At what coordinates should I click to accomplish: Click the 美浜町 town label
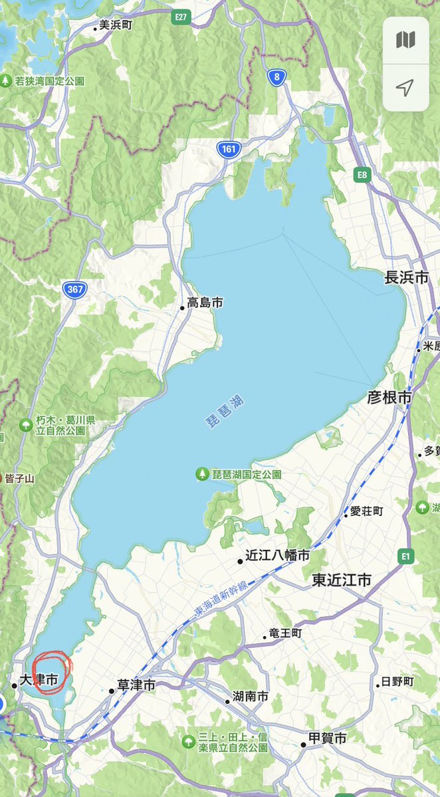tap(116, 25)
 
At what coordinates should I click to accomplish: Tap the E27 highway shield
tap(179, 16)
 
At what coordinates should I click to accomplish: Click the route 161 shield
tap(229, 150)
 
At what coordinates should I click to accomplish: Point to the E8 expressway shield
tap(362, 175)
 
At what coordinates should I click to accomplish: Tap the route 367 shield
tap(74, 289)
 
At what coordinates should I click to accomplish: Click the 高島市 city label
tap(205, 303)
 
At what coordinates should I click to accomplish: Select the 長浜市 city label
tap(406, 279)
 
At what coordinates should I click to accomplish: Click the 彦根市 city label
tap(389, 398)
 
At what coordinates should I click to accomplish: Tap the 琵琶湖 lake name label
tap(225, 410)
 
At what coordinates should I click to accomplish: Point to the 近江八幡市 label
tap(276, 555)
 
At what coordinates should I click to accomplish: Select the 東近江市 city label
tap(341, 580)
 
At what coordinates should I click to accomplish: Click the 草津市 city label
tap(136, 685)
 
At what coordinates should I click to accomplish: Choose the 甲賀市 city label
tap(327, 739)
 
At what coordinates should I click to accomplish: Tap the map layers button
tap(405, 40)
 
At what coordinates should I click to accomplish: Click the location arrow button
tap(405, 87)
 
